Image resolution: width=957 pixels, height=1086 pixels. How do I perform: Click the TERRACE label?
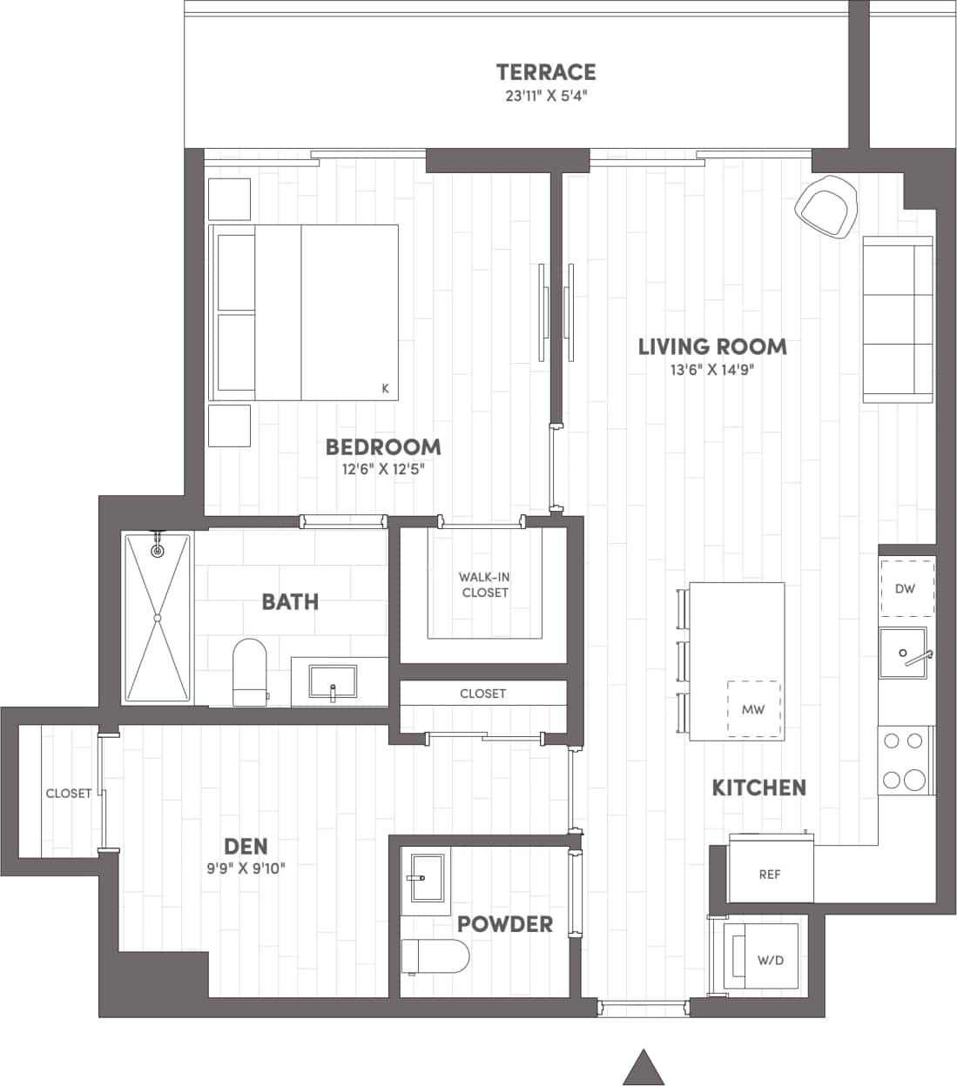(546, 71)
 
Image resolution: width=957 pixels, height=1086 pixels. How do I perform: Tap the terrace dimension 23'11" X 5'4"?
(546, 96)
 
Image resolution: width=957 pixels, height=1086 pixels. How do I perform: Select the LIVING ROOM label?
(712, 346)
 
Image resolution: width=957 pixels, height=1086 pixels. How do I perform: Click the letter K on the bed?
(386, 389)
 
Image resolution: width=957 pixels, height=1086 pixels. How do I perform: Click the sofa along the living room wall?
(897, 319)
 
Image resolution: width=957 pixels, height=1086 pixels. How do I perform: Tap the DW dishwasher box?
(906, 588)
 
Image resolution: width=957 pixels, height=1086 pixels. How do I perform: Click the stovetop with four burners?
(903, 760)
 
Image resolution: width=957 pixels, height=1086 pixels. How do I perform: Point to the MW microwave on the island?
(753, 708)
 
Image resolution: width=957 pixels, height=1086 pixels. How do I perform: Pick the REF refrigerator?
(770, 874)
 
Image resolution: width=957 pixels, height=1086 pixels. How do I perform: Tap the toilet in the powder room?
(435, 957)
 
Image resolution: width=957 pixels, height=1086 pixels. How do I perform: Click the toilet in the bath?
(249, 671)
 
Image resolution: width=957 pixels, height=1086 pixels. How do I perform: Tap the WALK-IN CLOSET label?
(484, 585)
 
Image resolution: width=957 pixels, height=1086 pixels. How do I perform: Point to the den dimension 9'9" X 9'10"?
(246, 868)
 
